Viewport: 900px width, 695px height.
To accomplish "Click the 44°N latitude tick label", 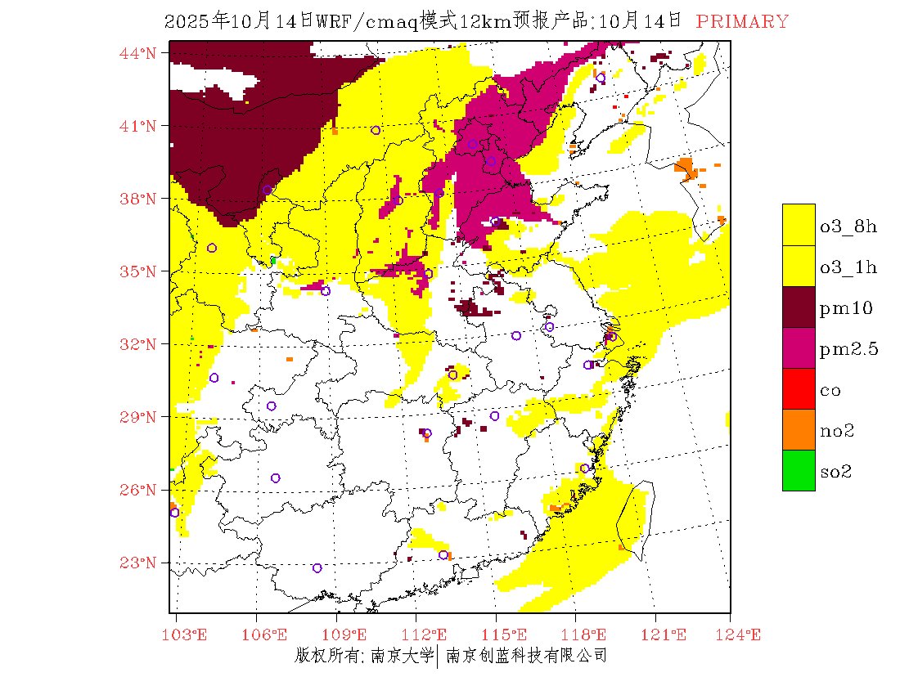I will [138, 53].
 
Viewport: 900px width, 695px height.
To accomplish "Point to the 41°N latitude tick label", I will [138, 126].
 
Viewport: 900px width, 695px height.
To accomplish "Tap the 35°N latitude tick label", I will [138, 271].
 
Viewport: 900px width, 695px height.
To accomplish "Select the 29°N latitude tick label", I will [138, 417].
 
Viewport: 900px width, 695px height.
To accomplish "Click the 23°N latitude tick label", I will [138, 563].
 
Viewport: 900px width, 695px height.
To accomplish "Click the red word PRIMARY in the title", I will [742, 22].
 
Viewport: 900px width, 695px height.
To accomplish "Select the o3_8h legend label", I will [848, 226].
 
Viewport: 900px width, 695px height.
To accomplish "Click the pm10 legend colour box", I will [799, 307].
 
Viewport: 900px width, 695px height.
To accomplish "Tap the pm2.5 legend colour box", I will [799, 347].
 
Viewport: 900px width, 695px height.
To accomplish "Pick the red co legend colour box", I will [799, 388].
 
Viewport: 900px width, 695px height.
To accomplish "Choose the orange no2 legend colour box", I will [799, 429].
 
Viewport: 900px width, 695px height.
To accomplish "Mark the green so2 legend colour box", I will [799, 470].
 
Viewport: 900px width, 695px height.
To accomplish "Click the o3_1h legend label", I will [848, 267].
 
